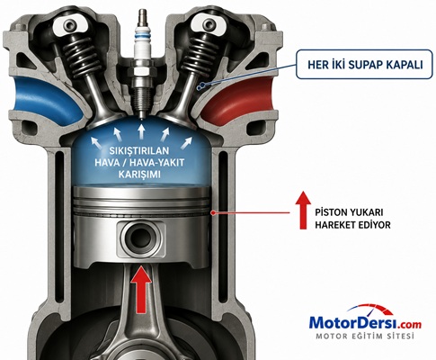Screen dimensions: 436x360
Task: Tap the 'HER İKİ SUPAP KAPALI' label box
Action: point(364,65)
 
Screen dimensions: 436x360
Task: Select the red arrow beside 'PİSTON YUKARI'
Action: point(303,210)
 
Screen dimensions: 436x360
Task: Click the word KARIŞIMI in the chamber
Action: point(139,175)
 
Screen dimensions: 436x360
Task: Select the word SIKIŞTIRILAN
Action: point(139,150)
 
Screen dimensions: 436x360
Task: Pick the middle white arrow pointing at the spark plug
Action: point(141,131)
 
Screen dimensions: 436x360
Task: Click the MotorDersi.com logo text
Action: point(365,323)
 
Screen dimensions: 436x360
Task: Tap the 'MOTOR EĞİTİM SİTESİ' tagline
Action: point(365,336)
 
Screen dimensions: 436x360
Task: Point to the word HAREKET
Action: point(334,225)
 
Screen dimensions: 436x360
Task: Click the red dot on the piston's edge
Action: point(213,212)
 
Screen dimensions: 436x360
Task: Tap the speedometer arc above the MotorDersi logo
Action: point(371,308)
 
